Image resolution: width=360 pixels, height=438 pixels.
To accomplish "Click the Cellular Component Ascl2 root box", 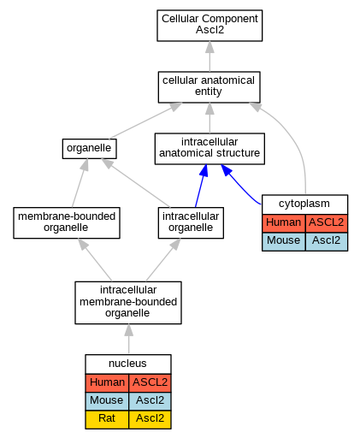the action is [x=210, y=26].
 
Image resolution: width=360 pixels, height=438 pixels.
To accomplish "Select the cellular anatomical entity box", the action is [x=210, y=87].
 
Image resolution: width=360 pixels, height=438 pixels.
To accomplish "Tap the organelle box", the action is [x=90, y=149].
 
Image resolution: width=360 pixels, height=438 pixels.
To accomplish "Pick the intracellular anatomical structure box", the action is [x=210, y=149].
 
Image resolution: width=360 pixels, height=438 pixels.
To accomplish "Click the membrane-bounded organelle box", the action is [x=67, y=222].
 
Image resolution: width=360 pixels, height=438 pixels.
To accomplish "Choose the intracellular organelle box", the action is [x=191, y=222].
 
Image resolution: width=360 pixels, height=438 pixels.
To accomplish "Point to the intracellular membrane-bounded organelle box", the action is [x=128, y=303].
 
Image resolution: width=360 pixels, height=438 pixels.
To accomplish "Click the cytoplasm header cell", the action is [x=304, y=204].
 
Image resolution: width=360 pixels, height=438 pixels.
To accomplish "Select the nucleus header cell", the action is [x=128, y=364].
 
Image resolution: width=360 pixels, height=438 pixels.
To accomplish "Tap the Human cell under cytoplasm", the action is [x=284, y=223].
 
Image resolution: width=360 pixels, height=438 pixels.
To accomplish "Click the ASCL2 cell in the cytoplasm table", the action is [x=327, y=223].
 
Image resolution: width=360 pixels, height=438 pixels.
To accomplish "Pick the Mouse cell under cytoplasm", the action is [x=284, y=241].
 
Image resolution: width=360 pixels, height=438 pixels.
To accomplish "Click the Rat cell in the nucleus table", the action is [x=107, y=419].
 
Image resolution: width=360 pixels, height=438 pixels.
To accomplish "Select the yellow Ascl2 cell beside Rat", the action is [x=150, y=419].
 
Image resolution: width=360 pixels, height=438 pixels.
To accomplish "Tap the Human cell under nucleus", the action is [x=107, y=383].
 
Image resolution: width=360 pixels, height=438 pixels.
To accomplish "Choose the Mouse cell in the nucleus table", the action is [x=107, y=401].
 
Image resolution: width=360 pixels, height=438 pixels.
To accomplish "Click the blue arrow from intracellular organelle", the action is [x=201, y=186].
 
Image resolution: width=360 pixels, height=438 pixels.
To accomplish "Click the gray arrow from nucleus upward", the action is [x=129, y=339].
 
